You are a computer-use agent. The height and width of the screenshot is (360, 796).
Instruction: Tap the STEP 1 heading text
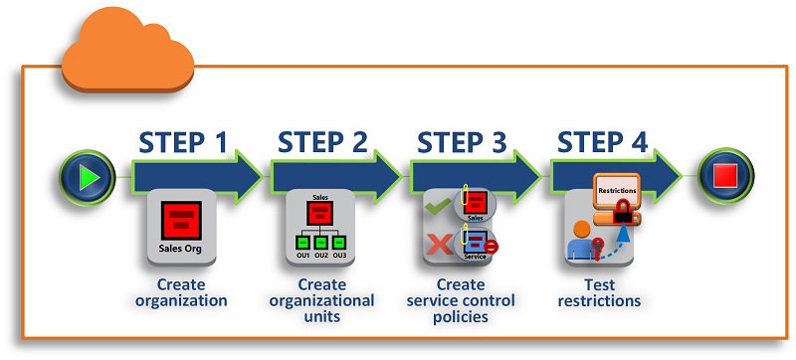(x=182, y=141)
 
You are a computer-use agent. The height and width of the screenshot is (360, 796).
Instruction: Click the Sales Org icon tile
(x=181, y=226)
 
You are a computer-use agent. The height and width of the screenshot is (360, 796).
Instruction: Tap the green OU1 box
(x=301, y=242)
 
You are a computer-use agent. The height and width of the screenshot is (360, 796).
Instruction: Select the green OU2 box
(x=320, y=242)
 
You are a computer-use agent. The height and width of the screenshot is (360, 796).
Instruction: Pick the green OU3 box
(x=339, y=242)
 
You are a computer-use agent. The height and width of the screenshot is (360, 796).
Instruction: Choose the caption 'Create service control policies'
(x=461, y=300)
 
